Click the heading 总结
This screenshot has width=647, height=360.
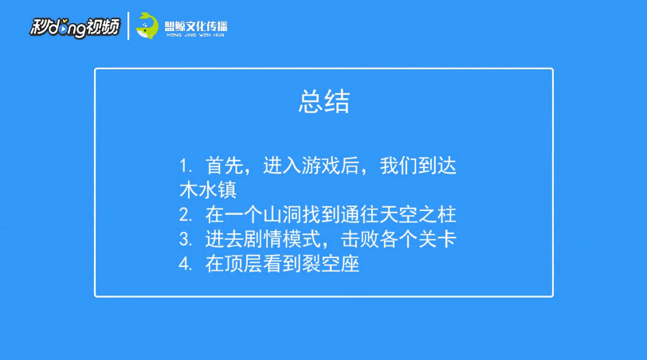click(324, 101)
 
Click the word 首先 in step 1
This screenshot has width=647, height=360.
click(225, 166)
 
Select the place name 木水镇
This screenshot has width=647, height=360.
click(208, 190)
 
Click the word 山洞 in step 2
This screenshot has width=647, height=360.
click(282, 215)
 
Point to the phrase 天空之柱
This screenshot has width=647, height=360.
click(418, 215)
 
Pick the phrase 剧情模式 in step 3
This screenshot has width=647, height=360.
click(282, 239)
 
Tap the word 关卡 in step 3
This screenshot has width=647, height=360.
click(437, 239)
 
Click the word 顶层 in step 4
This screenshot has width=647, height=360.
click(244, 264)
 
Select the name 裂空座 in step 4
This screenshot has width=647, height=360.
click(331, 264)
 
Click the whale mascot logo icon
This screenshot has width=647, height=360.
click(147, 25)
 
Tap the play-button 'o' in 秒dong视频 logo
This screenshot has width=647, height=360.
click(62, 29)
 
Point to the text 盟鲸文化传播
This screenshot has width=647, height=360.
click(196, 26)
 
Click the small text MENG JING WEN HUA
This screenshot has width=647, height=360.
click(196, 36)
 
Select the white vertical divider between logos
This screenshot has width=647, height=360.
click(128, 26)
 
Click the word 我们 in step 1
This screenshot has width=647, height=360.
click(398, 166)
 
